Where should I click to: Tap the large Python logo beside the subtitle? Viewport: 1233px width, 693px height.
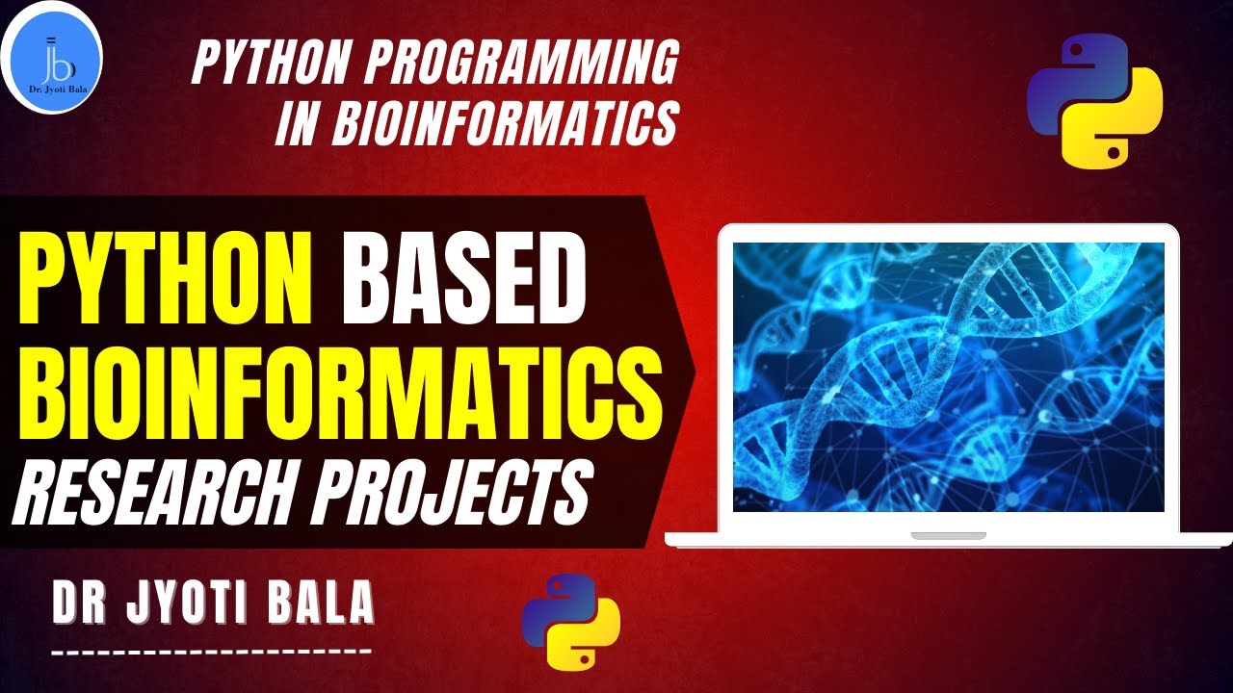pos(1094,101)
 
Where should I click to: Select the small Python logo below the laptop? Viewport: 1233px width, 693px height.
pos(571,621)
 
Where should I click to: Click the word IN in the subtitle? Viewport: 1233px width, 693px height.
pos(295,124)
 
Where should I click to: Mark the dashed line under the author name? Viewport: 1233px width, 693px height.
pos(211,652)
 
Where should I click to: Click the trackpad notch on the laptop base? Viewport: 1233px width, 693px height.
pos(948,535)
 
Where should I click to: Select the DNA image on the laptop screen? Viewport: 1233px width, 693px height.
pos(948,376)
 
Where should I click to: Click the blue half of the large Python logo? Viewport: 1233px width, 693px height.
pos(1069,82)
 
